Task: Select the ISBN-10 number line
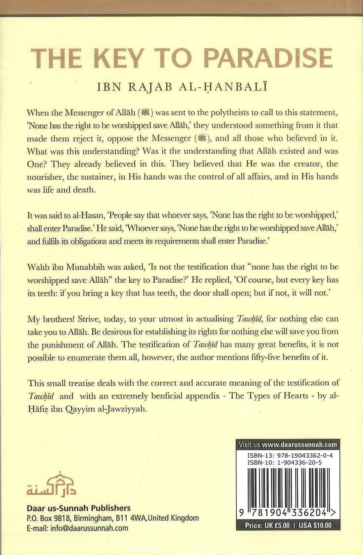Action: click(284, 462)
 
